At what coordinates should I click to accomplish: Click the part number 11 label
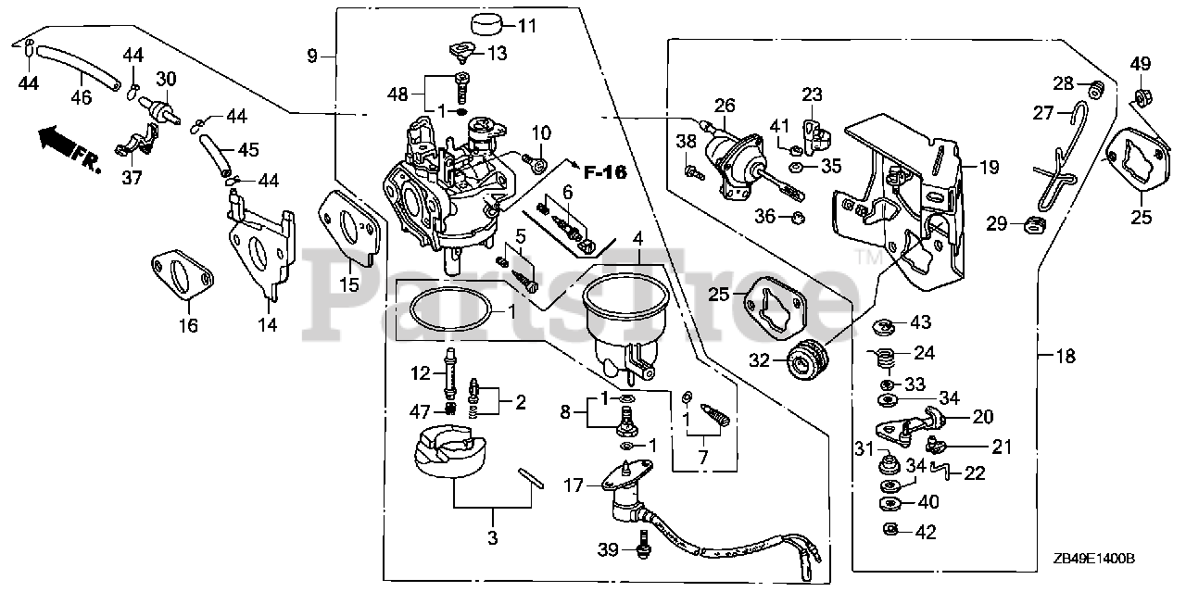click(x=526, y=26)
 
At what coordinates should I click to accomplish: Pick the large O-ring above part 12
click(x=451, y=308)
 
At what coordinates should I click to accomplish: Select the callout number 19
click(x=989, y=168)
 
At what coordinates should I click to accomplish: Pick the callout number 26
click(x=724, y=107)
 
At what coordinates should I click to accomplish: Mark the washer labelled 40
click(x=891, y=503)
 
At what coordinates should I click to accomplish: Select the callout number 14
click(x=268, y=324)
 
